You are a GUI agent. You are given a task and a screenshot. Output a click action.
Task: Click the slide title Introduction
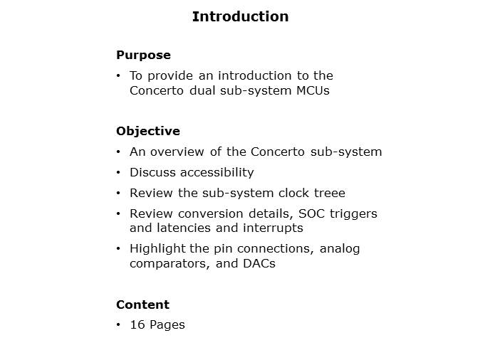tap(240, 16)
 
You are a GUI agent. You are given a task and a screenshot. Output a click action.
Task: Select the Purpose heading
tap(143, 55)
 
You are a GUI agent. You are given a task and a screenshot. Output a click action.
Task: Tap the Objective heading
tap(147, 131)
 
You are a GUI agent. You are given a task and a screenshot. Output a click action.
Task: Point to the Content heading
tap(142, 305)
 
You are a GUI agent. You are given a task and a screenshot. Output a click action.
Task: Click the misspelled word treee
tap(330, 193)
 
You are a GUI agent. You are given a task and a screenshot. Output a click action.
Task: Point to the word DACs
tap(261, 263)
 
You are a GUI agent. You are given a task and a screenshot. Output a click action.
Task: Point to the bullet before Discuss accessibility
tap(118, 172)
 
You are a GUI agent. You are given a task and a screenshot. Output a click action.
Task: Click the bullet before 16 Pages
tap(118, 324)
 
